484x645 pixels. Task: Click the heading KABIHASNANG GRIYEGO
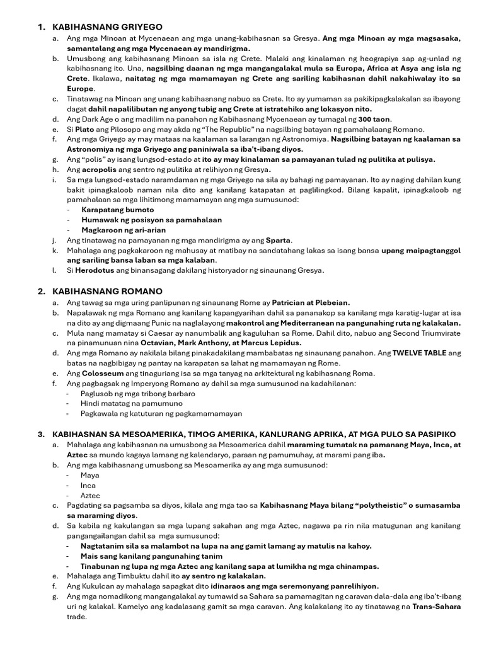pyautogui.click(x=108, y=27)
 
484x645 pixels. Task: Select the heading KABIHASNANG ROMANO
pyautogui.click(x=108, y=291)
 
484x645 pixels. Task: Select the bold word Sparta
pyautogui.click(x=278, y=240)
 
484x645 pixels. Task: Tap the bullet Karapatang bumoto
pyautogui.click(x=117, y=209)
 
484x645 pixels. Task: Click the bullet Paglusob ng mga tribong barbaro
pyautogui.click(x=138, y=394)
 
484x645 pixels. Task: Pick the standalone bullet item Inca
pyautogui.click(x=88, y=486)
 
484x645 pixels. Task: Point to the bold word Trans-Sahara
pyautogui.click(x=436, y=607)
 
